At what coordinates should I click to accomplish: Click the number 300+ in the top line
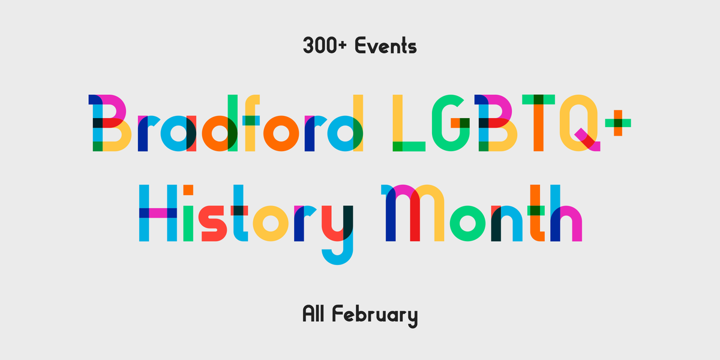pos(326,46)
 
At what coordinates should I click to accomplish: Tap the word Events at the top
pos(385,46)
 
